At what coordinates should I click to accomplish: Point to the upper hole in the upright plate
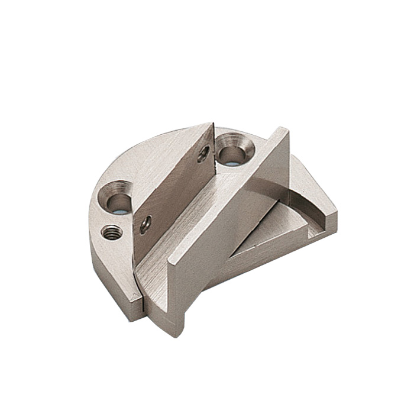click(203, 154)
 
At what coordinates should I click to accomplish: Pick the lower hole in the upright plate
click(145, 224)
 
